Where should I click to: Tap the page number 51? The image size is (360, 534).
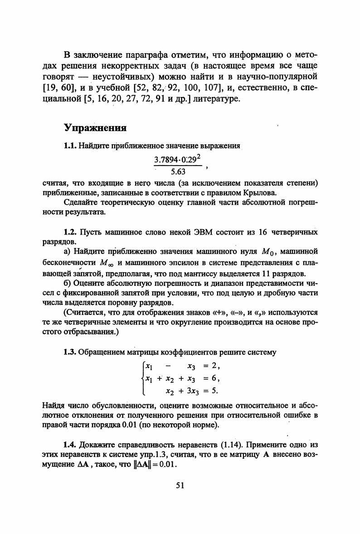(x=180, y=485)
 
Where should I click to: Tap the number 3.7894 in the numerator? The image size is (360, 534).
(x=165, y=159)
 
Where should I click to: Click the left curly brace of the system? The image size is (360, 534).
(x=143, y=377)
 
